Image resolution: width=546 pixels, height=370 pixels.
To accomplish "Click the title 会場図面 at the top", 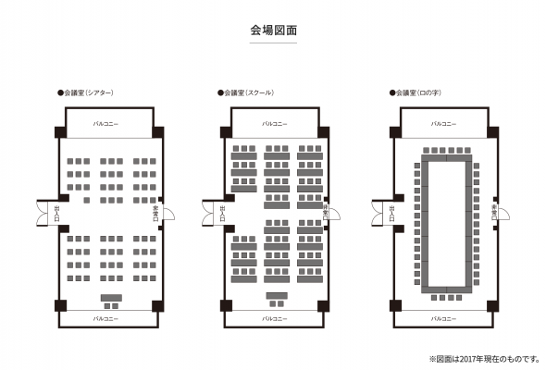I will tap(273, 31).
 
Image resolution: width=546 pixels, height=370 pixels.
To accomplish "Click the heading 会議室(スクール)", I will tap(253, 93).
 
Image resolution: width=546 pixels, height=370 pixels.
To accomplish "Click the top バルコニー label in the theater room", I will tap(110, 122).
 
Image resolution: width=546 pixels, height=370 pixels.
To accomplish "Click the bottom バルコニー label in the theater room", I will tap(110, 318).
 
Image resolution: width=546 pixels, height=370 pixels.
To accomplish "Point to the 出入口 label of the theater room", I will tap(58, 215).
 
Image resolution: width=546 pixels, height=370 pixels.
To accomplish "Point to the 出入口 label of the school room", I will tap(223, 215).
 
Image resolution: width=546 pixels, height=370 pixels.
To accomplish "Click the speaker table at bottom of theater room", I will tap(110, 298).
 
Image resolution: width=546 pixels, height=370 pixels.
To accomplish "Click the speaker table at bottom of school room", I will tap(276, 296).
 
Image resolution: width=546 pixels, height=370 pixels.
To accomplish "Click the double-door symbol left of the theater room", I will tap(43, 214).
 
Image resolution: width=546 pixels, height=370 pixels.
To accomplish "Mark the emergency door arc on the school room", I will tap(335, 214).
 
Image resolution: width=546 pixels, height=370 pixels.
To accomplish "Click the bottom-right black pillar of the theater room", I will tap(159, 306).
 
